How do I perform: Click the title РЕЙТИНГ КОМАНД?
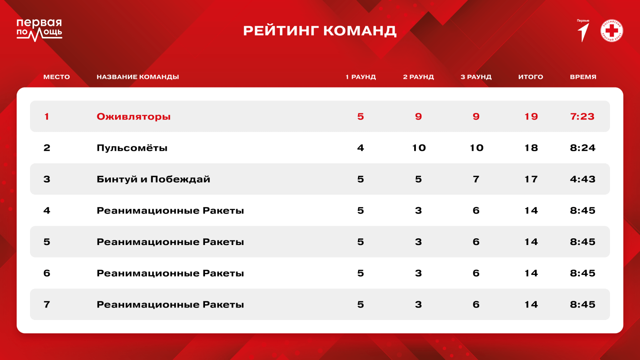pyautogui.click(x=320, y=31)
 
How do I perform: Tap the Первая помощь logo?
pyautogui.click(x=40, y=30)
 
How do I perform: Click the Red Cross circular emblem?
pyautogui.click(x=612, y=30)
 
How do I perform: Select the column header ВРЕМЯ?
pyautogui.click(x=583, y=77)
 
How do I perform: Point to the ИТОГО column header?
pyautogui.click(x=530, y=77)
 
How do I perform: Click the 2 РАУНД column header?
pyautogui.click(x=418, y=77)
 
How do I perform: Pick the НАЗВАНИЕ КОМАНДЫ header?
pyautogui.click(x=138, y=77)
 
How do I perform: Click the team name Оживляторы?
pyautogui.click(x=133, y=117)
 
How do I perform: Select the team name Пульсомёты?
pyautogui.click(x=132, y=148)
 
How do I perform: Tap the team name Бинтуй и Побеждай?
pyautogui.click(x=153, y=179)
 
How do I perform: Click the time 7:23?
pyautogui.click(x=582, y=117)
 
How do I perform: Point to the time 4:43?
pyautogui.click(x=582, y=179)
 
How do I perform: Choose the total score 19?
pyautogui.click(x=531, y=117)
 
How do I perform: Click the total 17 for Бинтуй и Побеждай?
pyautogui.click(x=531, y=179)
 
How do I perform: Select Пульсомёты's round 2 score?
pyautogui.click(x=419, y=148)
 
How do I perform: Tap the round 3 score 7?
pyautogui.click(x=476, y=179)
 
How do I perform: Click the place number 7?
pyautogui.click(x=47, y=304)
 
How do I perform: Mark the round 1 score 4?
pyautogui.click(x=360, y=148)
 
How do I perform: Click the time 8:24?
pyautogui.click(x=582, y=148)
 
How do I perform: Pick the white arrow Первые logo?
pyautogui.click(x=583, y=31)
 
